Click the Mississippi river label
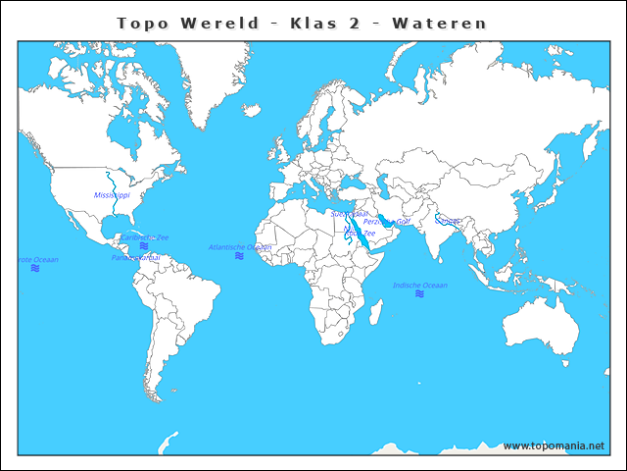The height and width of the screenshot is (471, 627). point(112,195)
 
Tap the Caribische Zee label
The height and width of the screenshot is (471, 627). point(144,236)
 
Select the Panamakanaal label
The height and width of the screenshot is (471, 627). point(135,257)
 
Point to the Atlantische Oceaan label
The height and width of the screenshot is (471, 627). point(239,247)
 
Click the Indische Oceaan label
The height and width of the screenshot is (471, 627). point(419,286)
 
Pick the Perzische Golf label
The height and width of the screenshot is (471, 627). point(386,222)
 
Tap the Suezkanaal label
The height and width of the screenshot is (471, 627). point(349,213)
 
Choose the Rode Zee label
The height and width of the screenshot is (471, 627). point(360,233)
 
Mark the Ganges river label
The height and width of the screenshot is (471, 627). point(447,221)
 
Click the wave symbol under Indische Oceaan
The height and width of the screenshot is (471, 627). point(419,294)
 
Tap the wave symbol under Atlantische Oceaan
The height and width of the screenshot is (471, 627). point(239,256)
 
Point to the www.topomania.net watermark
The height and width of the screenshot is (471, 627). point(554,446)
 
